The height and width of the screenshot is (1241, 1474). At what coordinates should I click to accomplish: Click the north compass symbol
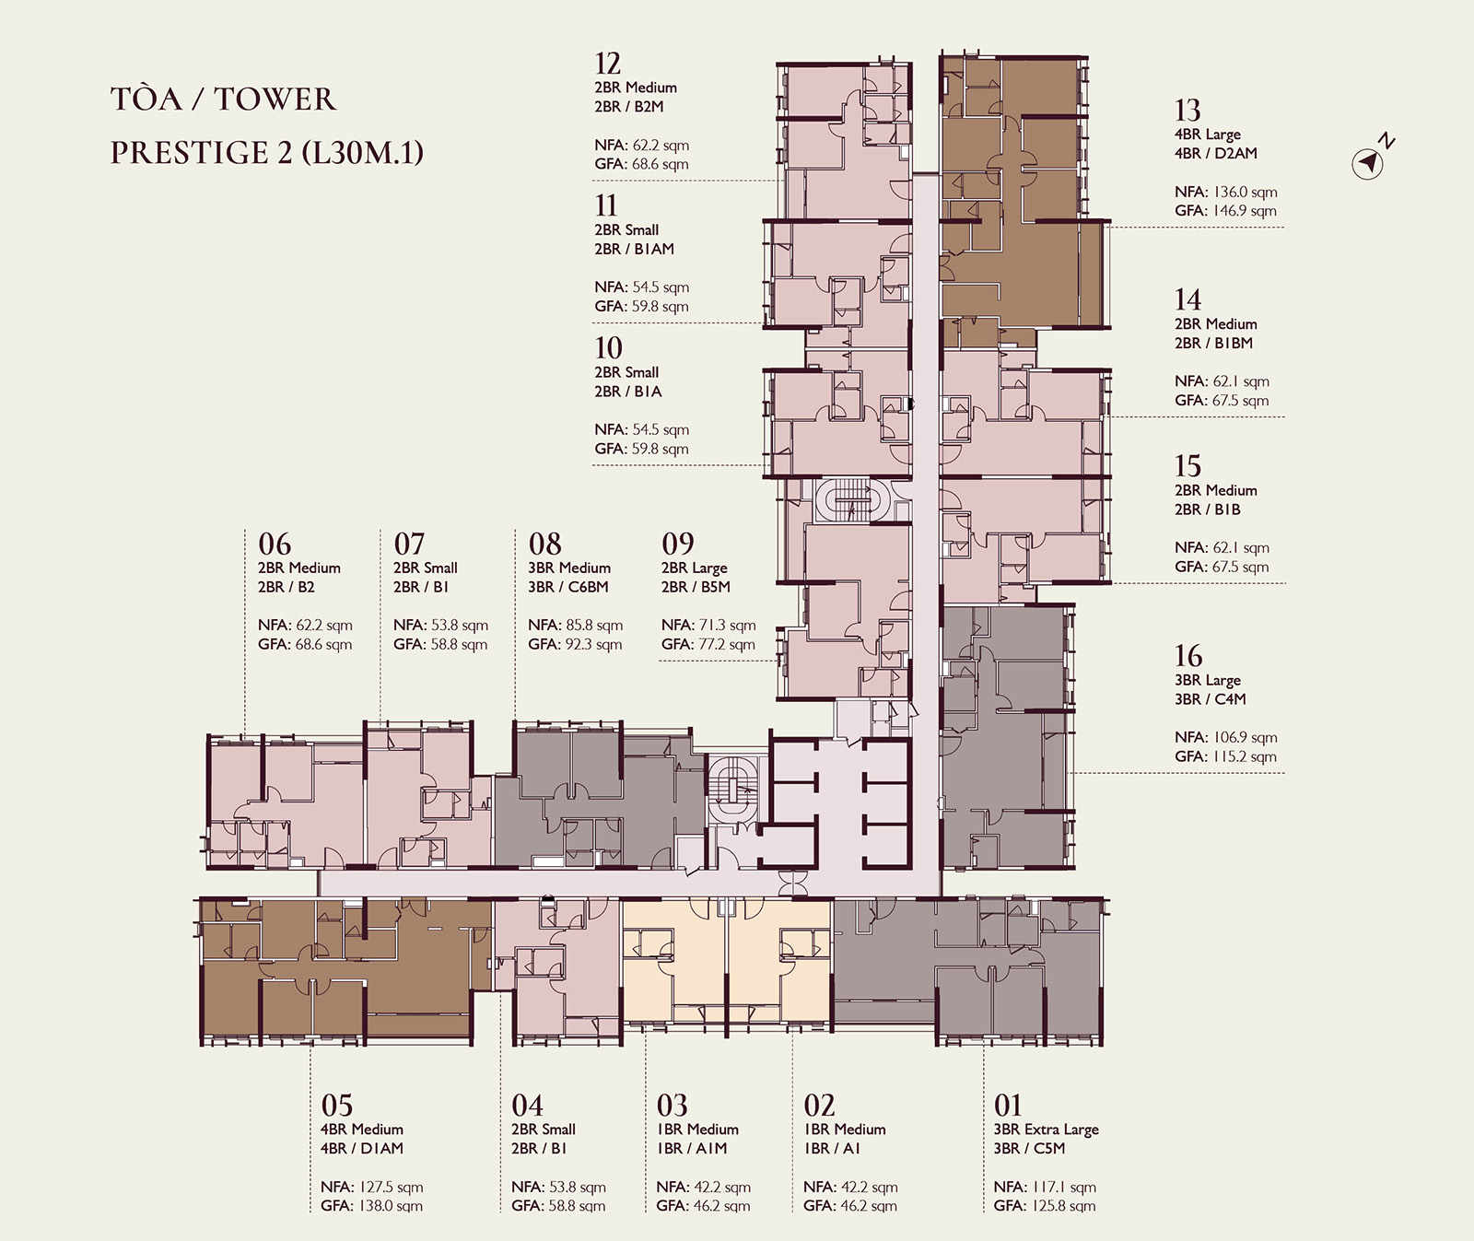pyautogui.click(x=1373, y=158)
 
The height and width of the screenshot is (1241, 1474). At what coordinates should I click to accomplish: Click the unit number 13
pyautogui.click(x=1187, y=111)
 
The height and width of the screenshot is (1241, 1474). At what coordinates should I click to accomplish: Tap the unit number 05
pyautogui.click(x=336, y=1105)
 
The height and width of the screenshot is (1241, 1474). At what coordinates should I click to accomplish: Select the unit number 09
pyautogui.click(x=678, y=544)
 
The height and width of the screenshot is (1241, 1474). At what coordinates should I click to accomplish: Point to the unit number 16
pyautogui.click(x=1188, y=656)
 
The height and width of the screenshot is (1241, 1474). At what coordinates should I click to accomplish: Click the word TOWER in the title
pyautogui.click(x=275, y=100)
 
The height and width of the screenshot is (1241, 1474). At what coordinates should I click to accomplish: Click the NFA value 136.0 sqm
pyautogui.click(x=1245, y=192)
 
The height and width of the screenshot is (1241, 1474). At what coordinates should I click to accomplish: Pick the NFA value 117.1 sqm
pyautogui.click(x=1063, y=1187)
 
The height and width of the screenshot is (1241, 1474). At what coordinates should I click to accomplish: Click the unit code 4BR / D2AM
pyautogui.click(x=1215, y=153)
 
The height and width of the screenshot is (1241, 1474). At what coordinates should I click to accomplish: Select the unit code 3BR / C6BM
pyautogui.click(x=567, y=587)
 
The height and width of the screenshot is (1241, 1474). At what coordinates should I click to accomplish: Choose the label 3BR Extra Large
pyautogui.click(x=1046, y=1130)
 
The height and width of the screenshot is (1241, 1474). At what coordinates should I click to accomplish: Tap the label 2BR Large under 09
pyautogui.click(x=694, y=568)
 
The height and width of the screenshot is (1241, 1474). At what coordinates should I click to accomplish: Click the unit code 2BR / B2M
pyautogui.click(x=628, y=107)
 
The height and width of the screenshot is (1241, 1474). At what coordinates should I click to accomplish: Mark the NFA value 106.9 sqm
pyautogui.click(x=1245, y=737)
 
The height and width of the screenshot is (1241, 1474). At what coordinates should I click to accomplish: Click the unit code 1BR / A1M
pyautogui.click(x=692, y=1149)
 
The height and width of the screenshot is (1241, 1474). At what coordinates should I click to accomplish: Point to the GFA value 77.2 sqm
pyautogui.click(x=726, y=644)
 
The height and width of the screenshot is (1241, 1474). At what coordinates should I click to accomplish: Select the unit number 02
pyautogui.click(x=819, y=1105)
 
